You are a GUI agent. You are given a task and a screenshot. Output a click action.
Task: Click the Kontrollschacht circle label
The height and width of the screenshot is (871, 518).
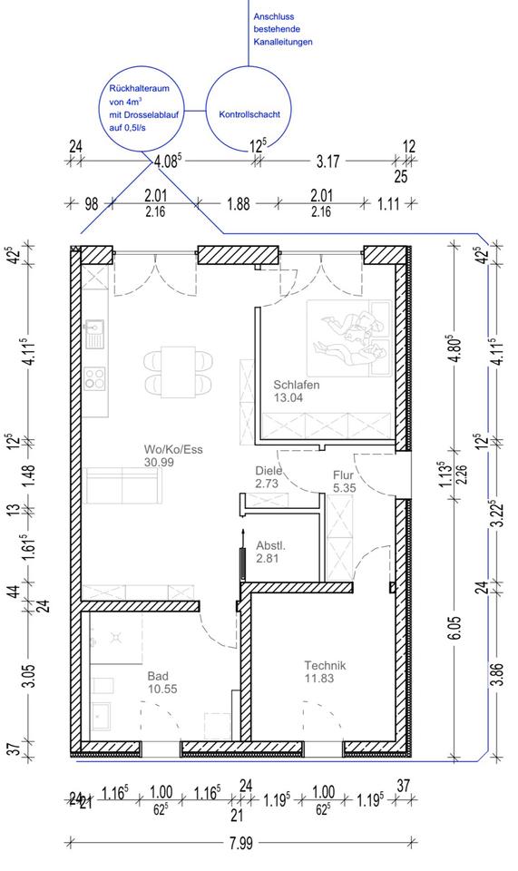(x=249, y=114)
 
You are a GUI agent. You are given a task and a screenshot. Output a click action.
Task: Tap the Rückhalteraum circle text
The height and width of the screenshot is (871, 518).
(x=139, y=108)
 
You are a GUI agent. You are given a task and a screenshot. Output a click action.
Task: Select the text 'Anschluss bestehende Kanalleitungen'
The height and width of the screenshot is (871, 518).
(x=283, y=29)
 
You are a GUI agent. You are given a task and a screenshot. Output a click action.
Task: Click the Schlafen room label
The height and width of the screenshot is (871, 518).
(x=297, y=391)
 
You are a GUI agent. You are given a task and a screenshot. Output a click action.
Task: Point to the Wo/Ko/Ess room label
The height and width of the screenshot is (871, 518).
(x=173, y=455)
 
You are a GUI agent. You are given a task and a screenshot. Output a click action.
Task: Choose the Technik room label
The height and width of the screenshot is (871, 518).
(x=326, y=671)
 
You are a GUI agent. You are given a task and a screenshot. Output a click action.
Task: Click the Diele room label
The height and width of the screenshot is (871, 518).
(x=269, y=477)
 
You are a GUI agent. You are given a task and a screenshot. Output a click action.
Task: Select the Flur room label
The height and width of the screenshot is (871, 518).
(x=344, y=482)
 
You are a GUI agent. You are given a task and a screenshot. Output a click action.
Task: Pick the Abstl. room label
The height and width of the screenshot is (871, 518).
(x=270, y=553)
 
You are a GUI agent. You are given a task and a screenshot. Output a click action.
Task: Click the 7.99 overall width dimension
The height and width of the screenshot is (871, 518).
(x=239, y=843)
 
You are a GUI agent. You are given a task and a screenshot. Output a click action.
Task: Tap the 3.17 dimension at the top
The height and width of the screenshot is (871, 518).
(x=327, y=161)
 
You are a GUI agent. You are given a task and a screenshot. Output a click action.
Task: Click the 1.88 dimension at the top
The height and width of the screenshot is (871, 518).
(x=239, y=204)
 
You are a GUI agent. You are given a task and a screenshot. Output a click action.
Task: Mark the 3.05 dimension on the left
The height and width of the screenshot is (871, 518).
(x=31, y=675)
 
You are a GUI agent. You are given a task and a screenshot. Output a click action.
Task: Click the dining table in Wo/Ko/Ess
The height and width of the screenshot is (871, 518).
(x=178, y=372)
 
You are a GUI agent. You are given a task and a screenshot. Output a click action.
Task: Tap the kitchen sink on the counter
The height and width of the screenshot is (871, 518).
(x=94, y=332)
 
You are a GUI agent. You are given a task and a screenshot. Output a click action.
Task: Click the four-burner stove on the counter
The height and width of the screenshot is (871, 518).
(x=94, y=378)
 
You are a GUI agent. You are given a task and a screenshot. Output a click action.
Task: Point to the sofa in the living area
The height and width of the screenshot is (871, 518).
(x=122, y=485)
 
